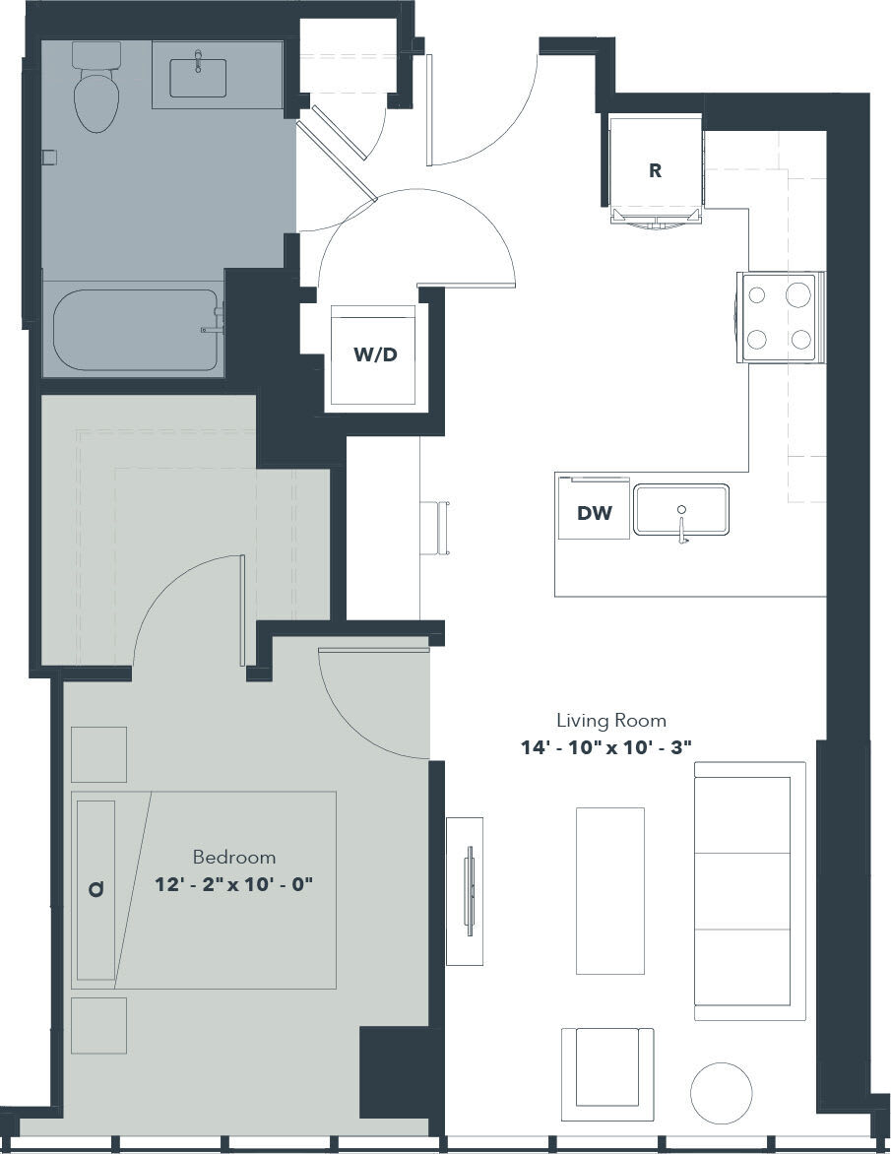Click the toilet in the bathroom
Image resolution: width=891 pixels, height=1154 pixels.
click(95, 93)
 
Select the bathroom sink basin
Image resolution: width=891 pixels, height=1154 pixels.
click(198, 78)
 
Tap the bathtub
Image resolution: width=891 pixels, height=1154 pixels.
click(133, 330)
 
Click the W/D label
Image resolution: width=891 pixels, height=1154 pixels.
click(375, 354)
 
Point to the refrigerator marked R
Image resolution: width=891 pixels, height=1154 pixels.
click(655, 169)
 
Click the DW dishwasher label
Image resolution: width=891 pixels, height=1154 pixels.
click(594, 512)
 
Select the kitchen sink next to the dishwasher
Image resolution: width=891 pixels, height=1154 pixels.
click(680, 509)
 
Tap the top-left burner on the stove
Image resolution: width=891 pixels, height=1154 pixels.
click(757, 293)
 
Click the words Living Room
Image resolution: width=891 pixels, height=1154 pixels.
click(610, 720)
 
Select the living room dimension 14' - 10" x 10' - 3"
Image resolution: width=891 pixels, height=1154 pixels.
click(606, 747)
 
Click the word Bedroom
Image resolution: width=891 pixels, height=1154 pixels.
click(233, 857)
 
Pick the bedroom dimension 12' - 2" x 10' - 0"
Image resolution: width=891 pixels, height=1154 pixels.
click(233, 884)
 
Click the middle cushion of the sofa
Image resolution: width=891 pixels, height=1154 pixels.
click(743, 890)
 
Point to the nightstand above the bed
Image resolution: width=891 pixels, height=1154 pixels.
click(98, 754)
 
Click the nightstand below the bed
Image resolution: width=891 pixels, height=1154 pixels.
click(98, 1025)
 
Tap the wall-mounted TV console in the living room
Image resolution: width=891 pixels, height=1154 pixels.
click(465, 890)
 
